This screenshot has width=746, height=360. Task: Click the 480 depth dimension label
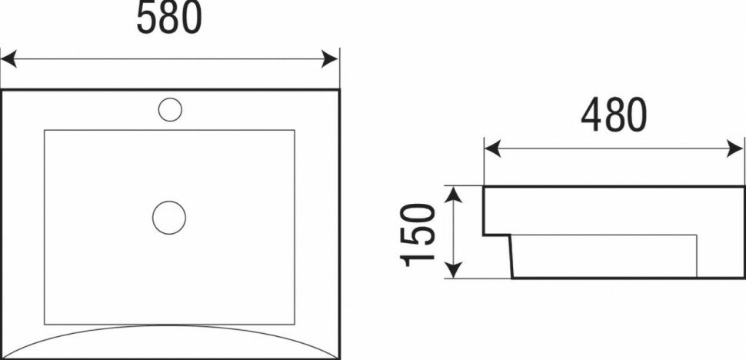click(614, 115)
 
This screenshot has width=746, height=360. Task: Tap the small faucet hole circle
click(170, 108)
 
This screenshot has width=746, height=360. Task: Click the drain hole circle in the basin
click(169, 217)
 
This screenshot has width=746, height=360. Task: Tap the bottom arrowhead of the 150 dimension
click(455, 270)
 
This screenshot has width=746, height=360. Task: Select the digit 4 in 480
click(591, 115)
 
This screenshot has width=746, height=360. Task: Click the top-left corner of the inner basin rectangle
click(45, 130)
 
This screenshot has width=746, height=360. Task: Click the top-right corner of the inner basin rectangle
click(295, 130)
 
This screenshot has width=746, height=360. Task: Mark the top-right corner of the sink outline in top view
click(338, 91)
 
